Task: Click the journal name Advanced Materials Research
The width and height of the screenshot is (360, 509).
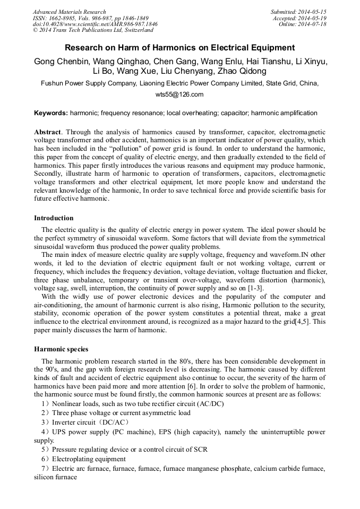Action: pyautogui.click(x=69, y=12)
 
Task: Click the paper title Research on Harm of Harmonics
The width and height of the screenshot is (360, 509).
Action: pyautogui.click(x=179, y=48)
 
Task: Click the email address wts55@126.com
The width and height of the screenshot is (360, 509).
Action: pyautogui.click(x=179, y=94)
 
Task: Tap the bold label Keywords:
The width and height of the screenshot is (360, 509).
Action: pyautogui.click(x=51, y=113)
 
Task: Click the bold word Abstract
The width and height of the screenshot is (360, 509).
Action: pyautogui.click(x=47, y=132)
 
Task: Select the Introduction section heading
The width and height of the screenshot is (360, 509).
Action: pyautogui.click(x=54, y=218)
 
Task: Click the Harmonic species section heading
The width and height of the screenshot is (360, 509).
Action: pyautogui.click(x=61, y=349)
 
